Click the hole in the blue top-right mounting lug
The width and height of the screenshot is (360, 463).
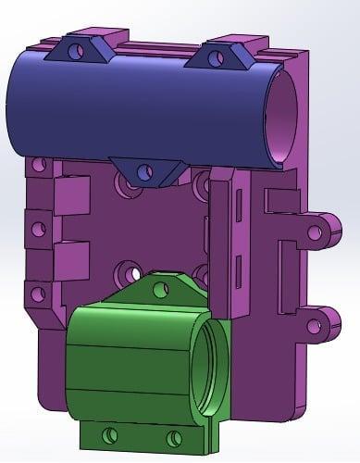click(217, 58)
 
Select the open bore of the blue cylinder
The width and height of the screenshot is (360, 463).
click(279, 117)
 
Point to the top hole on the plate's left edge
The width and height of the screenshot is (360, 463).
click(38, 166)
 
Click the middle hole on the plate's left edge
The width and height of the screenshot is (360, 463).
click(37, 227)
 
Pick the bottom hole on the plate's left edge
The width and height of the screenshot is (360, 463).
click(38, 294)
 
